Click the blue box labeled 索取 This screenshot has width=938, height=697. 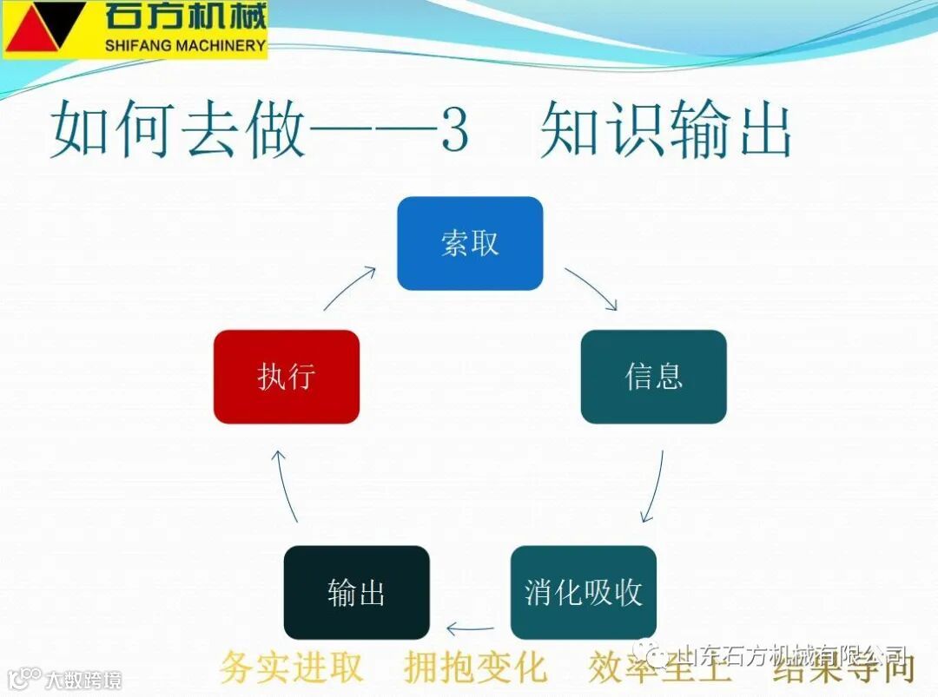(x=470, y=243)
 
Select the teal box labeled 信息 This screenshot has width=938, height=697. (x=653, y=377)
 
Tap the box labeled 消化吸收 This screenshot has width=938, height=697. (x=583, y=592)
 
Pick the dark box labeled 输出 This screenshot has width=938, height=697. (x=356, y=592)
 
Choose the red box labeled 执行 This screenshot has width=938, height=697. (x=286, y=377)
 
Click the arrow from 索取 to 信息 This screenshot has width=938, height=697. (x=591, y=288)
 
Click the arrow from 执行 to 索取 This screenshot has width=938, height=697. (x=350, y=288)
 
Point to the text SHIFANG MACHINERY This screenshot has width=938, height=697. (x=184, y=45)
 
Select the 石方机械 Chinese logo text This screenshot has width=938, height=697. (x=185, y=16)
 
